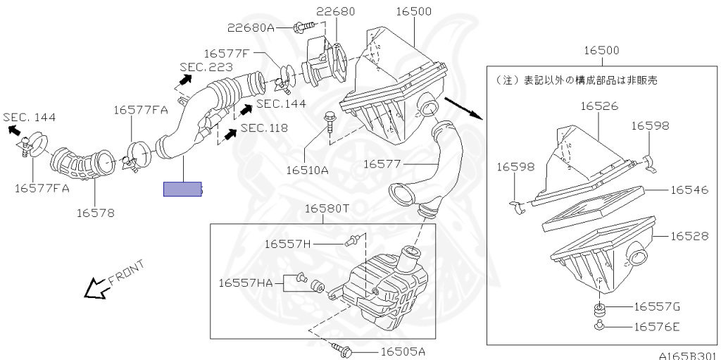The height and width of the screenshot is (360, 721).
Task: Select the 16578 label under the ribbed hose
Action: click(95, 212)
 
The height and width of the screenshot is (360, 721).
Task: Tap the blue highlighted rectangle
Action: click(182, 189)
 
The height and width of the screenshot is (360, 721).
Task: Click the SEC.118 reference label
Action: click(263, 128)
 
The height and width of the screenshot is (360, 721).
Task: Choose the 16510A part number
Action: click(307, 170)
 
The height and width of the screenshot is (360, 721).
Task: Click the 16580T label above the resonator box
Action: click(327, 209)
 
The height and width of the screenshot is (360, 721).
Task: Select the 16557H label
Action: click(287, 244)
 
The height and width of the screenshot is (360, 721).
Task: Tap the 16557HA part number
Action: click(245, 283)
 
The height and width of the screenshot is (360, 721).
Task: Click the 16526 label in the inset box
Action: click(599, 106)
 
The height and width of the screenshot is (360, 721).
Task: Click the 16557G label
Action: click(657, 306)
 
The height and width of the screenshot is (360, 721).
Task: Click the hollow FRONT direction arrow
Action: click(94, 287)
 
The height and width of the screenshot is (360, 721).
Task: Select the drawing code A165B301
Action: click(688, 354)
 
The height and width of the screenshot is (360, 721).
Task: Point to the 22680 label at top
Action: click(335, 11)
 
